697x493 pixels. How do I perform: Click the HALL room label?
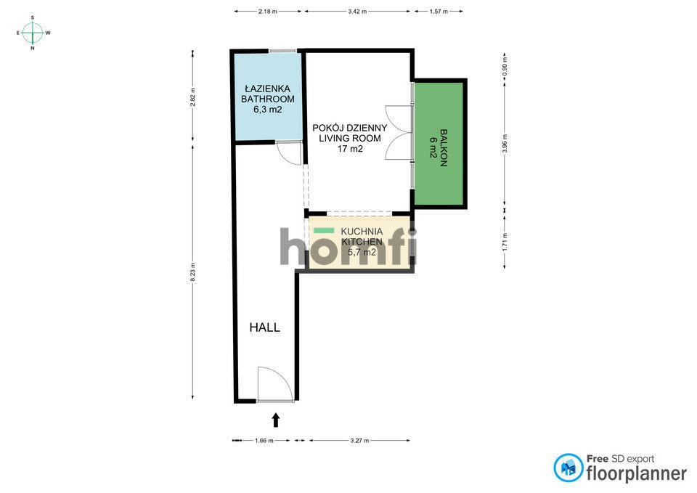click(x=264, y=327)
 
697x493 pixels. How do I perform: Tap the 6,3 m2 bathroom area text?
click(x=268, y=110)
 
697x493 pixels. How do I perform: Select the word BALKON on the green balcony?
click(x=443, y=147)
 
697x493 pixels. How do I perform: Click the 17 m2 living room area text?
click(x=350, y=149)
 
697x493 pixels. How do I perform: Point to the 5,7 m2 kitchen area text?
click(x=362, y=253)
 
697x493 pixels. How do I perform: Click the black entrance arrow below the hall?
click(x=276, y=420)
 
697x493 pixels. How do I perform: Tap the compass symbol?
click(x=33, y=33)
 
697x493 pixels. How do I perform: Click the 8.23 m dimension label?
click(x=192, y=272)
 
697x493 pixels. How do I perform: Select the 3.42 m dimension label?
click(x=357, y=12)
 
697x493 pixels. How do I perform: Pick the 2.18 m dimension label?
click(x=268, y=12)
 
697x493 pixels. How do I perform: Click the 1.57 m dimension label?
click(x=439, y=12)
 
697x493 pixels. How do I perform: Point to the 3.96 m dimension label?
click(x=505, y=144)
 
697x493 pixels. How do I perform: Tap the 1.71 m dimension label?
click(x=505, y=243)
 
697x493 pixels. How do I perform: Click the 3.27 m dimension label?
click(x=359, y=441)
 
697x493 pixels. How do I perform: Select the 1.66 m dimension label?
click(x=264, y=441)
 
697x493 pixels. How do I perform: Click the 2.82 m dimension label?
click(x=192, y=97)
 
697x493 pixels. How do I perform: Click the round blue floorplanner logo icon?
click(x=568, y=468)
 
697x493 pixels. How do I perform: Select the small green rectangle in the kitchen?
click(x=324, y=230)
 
